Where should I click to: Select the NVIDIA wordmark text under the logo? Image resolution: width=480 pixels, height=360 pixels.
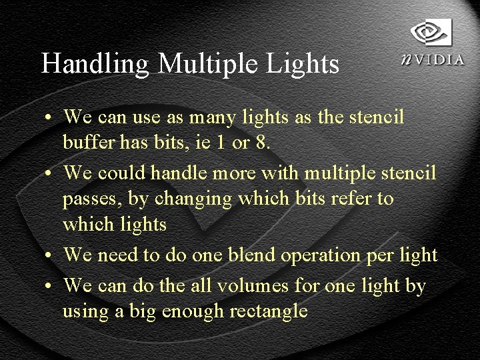(x=433, y=59)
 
